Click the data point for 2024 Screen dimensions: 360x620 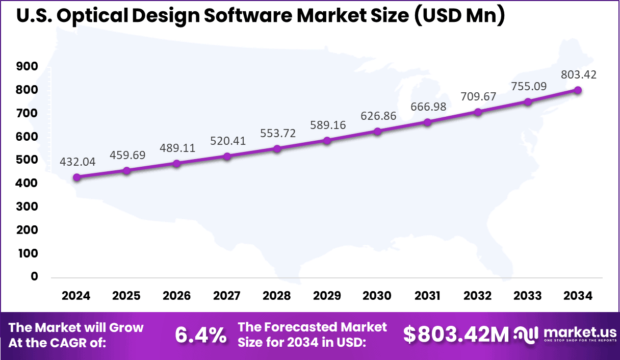(76, 177)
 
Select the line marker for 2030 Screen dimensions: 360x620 (377, 132)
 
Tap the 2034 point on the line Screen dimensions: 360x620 (578, 90)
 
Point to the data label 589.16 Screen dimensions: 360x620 (327, 125)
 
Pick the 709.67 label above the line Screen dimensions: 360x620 (478, 96)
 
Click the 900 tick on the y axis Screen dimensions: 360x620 (28, 66)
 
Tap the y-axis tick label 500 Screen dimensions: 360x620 (28, 160)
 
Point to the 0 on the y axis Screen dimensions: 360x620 (35, 277)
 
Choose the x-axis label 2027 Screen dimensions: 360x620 (227, 296)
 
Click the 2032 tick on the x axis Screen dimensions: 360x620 (478, 296)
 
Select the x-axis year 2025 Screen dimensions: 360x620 (126, 296)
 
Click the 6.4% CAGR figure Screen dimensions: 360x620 (200, 335)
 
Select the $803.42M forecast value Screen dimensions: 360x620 (456, 335)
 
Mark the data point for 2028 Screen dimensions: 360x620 (277, 149)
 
